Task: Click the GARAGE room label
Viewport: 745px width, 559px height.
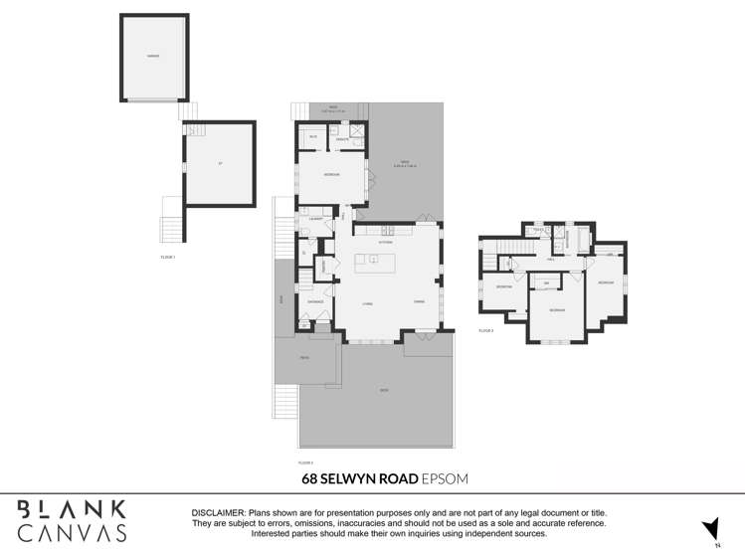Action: point(153,57)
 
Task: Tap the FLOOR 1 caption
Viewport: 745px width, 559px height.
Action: point(167,257)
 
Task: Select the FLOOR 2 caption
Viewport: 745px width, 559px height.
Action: point(305,463)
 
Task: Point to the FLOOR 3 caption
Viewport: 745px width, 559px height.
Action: point(485,330)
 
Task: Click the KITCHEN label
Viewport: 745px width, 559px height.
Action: point(386,242)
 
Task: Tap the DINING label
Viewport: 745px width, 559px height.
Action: point(420,301)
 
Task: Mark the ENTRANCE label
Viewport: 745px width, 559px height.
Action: point(315,301)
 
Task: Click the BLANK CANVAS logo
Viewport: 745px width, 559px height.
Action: point(73,520)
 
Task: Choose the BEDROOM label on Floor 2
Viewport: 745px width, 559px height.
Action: point(331,175)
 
